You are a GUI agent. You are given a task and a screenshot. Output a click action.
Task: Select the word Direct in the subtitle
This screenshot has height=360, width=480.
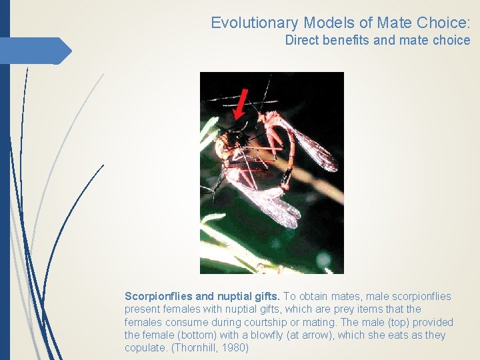301,40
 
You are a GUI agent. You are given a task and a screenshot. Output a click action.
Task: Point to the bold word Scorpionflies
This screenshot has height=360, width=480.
159,296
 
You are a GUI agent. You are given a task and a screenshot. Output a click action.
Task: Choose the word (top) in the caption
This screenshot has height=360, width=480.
401,322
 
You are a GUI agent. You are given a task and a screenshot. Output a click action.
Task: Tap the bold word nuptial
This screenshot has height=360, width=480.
236,296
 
